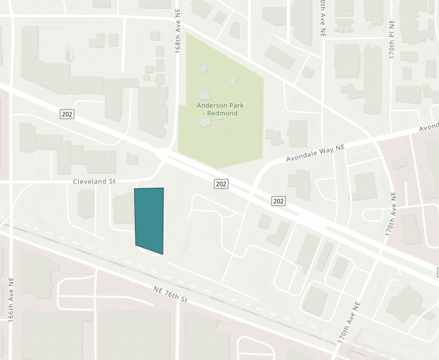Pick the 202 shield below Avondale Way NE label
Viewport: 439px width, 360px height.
(277, 200)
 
